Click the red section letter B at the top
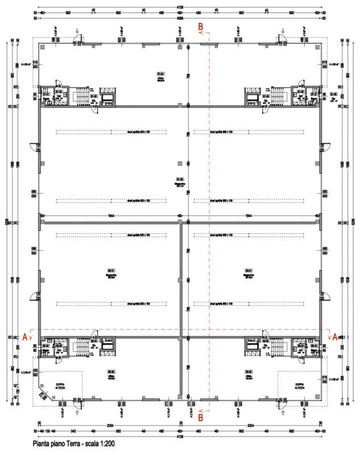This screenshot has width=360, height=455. point(200,26)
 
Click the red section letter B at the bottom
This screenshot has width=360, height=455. point(200,417)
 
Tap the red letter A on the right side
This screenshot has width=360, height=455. point(335,337)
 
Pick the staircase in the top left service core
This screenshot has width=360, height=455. point(82,96)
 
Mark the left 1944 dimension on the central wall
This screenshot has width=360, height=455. point(109,217)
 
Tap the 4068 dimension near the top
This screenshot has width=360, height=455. point(180,18)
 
